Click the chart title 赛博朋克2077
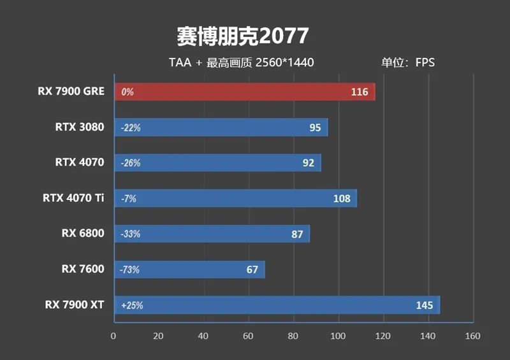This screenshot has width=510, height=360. click(242, 36)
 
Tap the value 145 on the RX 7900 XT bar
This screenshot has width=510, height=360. click(424, 305)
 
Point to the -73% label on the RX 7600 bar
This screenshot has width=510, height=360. click(129, 270)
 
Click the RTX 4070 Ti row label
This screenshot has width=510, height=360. click(73, 198)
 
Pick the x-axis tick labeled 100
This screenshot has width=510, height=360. click(338, 336)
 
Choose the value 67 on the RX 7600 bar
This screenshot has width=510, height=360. click(252, 270)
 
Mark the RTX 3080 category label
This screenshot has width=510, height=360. click(79, 127)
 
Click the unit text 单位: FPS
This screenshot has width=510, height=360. click(408, 62)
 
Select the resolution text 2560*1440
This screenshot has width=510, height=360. click(284, 62)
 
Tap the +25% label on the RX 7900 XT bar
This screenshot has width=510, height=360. click(131, 305)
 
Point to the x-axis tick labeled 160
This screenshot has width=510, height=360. click(472, 336)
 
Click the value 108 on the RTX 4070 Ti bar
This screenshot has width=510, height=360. click(342, 198)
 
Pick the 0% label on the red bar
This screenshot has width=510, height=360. click(127, 92)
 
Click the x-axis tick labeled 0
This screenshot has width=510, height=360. click(113, 336)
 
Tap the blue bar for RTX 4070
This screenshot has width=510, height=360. click(217, 162)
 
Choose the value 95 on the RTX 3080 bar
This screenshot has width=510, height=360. click(315, 127)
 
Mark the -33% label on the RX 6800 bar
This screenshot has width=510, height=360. click(130, 234)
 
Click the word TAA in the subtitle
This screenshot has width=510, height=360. click(179, 62)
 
